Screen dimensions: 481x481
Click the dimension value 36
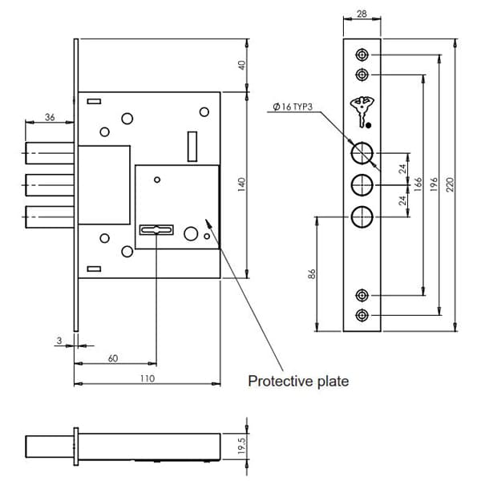coord(49,117)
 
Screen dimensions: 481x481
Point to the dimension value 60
coord(113,358)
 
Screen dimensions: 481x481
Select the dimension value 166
coord(418,184)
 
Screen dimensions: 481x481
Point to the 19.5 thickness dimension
coord(242,446)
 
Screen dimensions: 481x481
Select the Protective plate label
coord(297,381)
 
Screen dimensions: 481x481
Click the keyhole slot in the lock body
coord(156,230)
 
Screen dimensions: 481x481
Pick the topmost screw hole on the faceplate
coord(361,55)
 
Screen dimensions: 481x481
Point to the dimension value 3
coord(59,340)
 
